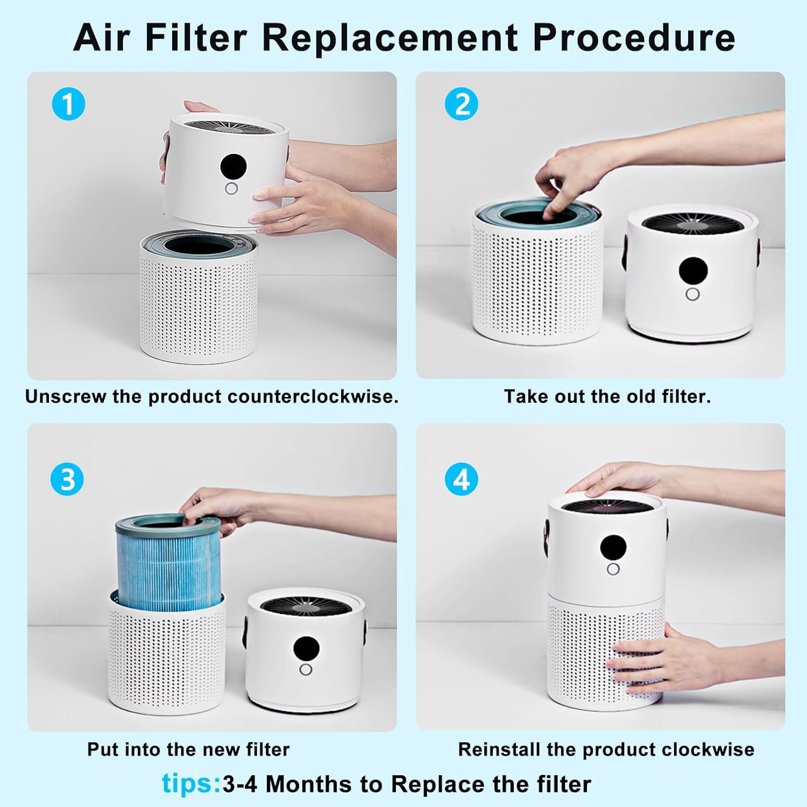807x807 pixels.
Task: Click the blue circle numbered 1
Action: tap(68, 104)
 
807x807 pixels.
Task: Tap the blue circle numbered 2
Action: tap(461, 104)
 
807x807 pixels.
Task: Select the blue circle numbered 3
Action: tap(67, 479)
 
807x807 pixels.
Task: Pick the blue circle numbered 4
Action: tap(461, 479)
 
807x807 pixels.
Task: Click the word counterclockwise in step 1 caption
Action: tap(313, 397)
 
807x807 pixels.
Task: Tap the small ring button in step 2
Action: tap(692, 294)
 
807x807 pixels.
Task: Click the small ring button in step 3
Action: tap(306, 669)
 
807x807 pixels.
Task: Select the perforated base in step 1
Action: tap(198, 312)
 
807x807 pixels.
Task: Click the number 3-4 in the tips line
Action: tap(240, 784)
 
